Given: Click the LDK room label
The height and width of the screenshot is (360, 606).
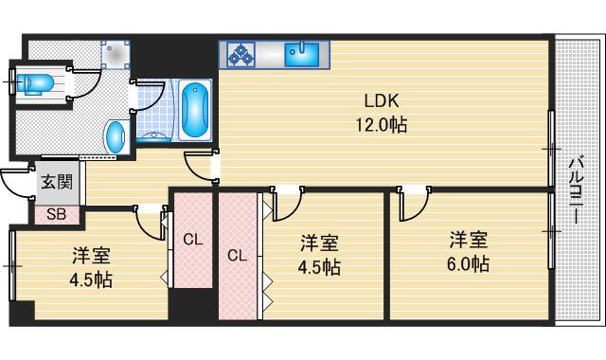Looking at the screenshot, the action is click(381, 101).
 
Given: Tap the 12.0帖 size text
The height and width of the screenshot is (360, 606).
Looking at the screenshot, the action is click(381, 125).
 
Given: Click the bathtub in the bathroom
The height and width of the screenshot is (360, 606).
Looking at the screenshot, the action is click(195, 110).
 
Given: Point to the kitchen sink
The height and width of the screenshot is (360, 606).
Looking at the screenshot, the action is click(302, 55).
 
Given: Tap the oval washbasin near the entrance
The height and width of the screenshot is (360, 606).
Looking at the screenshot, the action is click(116, 136).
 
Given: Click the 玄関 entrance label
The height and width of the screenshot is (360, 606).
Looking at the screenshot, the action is click(57, 181).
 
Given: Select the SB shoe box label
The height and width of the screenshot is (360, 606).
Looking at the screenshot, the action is click(57, 214).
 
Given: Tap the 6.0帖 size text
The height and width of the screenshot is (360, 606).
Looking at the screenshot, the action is click(468, 264).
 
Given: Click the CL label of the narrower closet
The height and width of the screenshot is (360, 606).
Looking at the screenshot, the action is click(193, 240).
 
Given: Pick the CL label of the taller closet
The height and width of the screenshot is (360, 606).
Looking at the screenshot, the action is click(238, 255).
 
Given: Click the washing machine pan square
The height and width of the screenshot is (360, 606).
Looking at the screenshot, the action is click(116, 55).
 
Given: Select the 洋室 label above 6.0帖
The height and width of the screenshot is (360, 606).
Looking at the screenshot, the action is click(469, 240).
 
